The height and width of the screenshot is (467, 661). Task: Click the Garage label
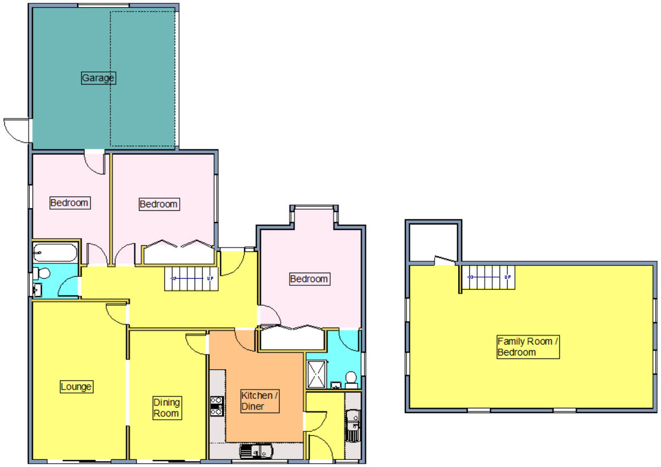pos(99,78)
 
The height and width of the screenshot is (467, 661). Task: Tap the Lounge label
pos(76,387)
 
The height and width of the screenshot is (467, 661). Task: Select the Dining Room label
pos(167,408)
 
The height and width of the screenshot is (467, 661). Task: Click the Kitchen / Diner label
pos(259,401)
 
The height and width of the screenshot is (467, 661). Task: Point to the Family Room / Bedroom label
pos(528,347)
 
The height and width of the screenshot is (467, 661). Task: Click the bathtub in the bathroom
pos(55,252)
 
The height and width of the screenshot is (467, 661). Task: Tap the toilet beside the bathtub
pos(41,273)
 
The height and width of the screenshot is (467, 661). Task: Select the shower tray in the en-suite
pos(317,374)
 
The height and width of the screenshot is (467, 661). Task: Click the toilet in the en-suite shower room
pos(351,380)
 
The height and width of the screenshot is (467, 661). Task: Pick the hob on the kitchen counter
pos(216,406)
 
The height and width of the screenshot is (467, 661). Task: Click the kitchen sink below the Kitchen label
pos(256,451)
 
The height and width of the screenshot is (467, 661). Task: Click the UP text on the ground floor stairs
pos(210,278)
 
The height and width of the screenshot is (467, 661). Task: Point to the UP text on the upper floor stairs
pos(507,277)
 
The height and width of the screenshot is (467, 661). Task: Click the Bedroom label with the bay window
pos(309,279)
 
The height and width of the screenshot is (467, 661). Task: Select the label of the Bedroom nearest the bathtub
pos(69,203)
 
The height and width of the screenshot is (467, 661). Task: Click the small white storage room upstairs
pos(433,243)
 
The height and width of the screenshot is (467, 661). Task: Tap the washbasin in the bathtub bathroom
pos(37,290)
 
